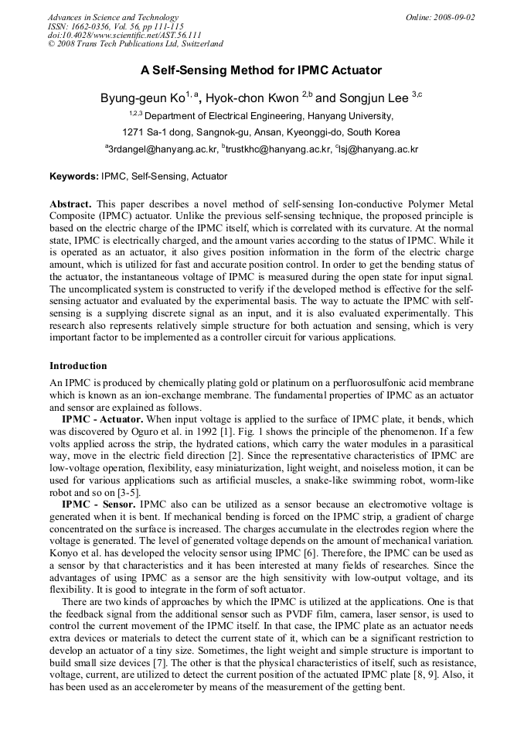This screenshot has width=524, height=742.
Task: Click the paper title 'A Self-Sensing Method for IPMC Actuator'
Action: tap(261, 70)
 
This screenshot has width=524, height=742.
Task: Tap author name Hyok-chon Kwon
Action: tap(252, 98)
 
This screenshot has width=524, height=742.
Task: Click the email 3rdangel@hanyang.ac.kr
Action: tap(162, 149)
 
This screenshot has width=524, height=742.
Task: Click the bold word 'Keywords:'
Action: tap(74, 177)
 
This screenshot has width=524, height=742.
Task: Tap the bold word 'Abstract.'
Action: tap(71, 203)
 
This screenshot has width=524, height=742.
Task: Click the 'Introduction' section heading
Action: tap(78, 366)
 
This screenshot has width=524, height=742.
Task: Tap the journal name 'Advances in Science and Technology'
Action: tap(113, 17)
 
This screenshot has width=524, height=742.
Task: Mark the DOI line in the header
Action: tap(124, 35)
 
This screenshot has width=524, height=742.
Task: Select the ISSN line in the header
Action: tap(115, 26)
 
